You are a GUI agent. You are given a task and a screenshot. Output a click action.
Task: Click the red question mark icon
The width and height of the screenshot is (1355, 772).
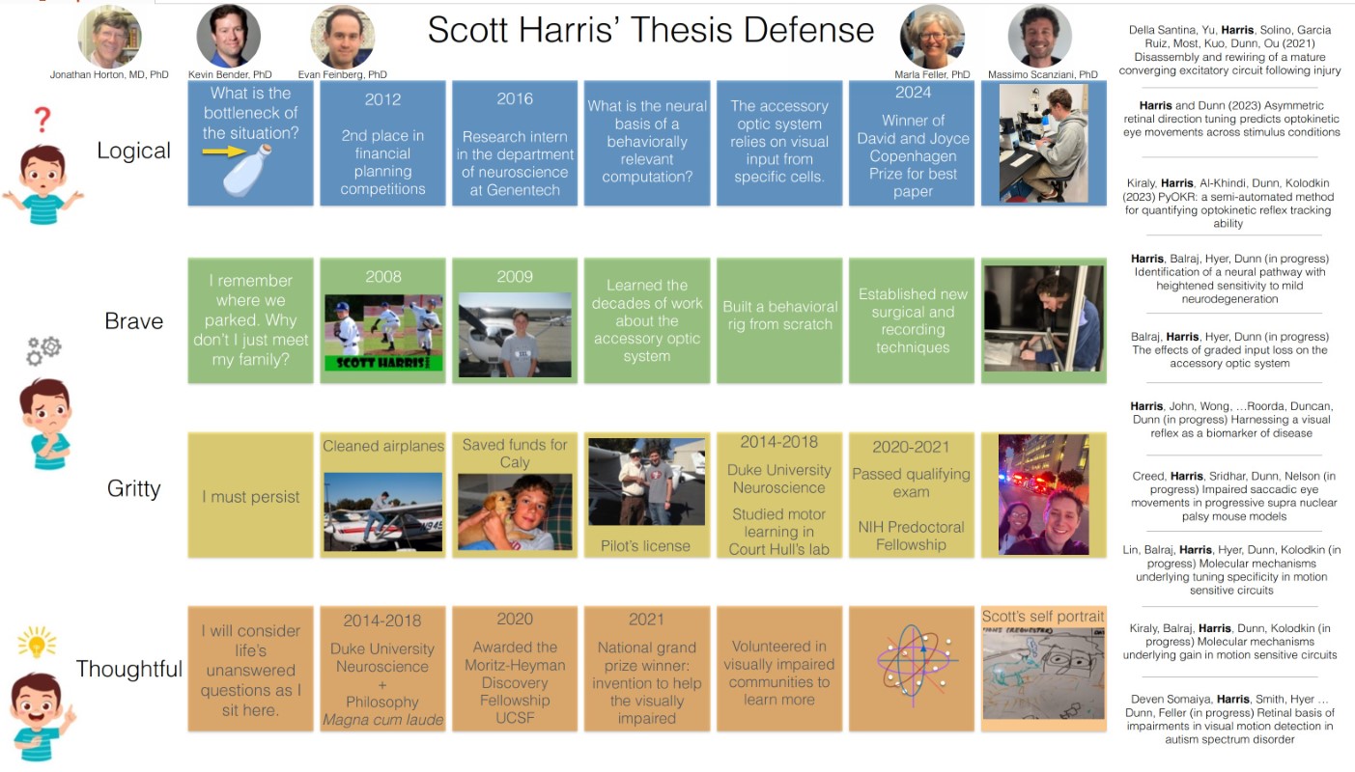42,120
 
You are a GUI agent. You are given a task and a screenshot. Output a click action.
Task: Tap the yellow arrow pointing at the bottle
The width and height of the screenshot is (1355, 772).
224,152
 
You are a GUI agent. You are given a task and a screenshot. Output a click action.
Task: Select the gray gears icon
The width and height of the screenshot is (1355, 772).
43,350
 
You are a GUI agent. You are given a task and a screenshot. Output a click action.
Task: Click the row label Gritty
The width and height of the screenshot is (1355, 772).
133,488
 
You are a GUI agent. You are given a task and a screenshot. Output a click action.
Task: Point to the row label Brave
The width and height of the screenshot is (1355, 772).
133,321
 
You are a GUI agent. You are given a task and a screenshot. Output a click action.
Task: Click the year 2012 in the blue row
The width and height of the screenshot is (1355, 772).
382,99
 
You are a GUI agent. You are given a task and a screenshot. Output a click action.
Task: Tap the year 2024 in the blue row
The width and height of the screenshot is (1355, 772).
913,93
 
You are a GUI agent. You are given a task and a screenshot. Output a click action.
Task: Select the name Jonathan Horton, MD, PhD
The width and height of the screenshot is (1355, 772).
109,74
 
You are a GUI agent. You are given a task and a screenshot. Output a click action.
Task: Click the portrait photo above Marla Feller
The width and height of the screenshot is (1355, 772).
932,37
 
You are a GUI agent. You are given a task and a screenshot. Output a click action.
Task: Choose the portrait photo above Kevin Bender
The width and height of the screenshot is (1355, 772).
229,37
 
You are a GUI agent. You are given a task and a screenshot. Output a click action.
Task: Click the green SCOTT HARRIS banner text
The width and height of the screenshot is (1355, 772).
382,363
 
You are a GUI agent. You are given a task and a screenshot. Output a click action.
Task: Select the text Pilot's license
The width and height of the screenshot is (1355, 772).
645,546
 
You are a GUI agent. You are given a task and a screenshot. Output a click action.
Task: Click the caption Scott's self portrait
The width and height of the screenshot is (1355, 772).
1043,617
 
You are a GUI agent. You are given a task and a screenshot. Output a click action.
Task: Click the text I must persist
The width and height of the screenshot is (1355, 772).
251,497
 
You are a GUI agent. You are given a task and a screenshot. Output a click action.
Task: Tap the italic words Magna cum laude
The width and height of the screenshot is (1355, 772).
382,720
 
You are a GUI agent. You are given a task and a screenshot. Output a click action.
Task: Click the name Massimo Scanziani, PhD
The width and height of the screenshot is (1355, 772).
1043,74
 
